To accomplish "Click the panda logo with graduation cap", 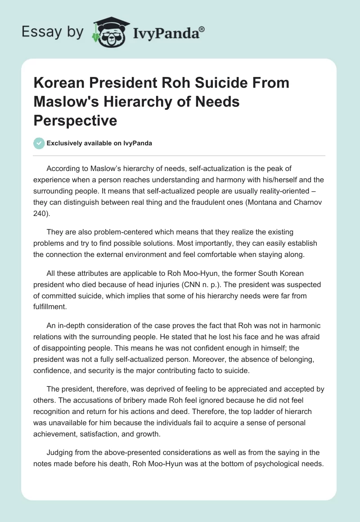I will pyautogui.click(x=108, y=31).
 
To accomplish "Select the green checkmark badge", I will pyautogui.click(x=39, y=143).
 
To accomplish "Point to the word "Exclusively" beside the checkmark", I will pyautogui.click(x=63, y=143).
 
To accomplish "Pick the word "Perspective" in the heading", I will pyautogui.click(x=76, y=120).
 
